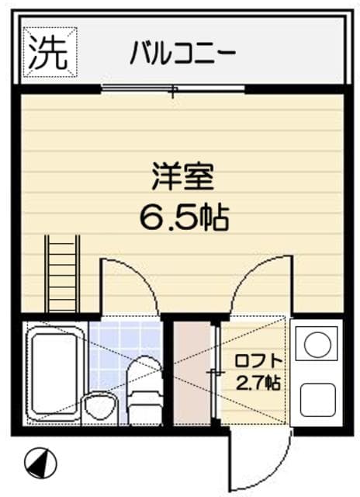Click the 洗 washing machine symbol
[50, 52]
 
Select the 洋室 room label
[183, 176]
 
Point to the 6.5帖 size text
[185, 217]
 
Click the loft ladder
[62, 274]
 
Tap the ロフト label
[258, 362]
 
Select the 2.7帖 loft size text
[258, 383]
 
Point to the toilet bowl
[144, 374]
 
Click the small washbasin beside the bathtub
[99, 407]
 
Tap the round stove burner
[317, 344]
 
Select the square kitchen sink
[317, 400]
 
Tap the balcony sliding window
[173, 89]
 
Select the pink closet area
[192, 373]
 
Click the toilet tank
[144, 408]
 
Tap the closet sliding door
[216, 373]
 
